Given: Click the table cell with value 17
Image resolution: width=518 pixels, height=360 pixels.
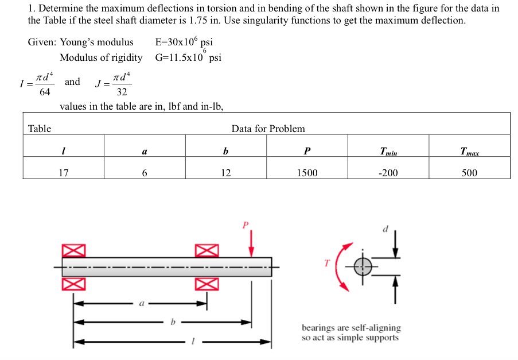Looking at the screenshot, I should pos(64,172).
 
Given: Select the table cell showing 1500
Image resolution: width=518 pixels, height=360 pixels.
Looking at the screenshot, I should pos(307,172).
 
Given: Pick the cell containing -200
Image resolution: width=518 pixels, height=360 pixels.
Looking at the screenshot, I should pos(388,172).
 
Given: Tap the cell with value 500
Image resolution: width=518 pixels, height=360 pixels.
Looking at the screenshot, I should pos(469,172).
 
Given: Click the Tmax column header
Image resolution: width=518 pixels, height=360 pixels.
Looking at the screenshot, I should pos(469,152).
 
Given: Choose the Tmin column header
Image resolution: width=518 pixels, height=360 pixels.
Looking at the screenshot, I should pos(388,152).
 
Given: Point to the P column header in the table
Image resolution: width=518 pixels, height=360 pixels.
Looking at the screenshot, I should pos(307,152).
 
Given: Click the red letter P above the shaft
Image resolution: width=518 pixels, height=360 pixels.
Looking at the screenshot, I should pos(246,224).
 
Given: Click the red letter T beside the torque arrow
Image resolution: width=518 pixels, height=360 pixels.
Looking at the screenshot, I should pos(327,263).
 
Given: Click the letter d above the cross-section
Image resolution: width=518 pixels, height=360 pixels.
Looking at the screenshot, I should pos(385,229).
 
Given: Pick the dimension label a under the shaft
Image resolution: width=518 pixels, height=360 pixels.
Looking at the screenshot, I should pos(141,304).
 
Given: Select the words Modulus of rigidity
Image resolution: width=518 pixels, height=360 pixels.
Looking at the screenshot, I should pos(101,57).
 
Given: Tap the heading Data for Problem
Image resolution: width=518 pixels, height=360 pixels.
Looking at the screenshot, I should pos(268,129).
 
